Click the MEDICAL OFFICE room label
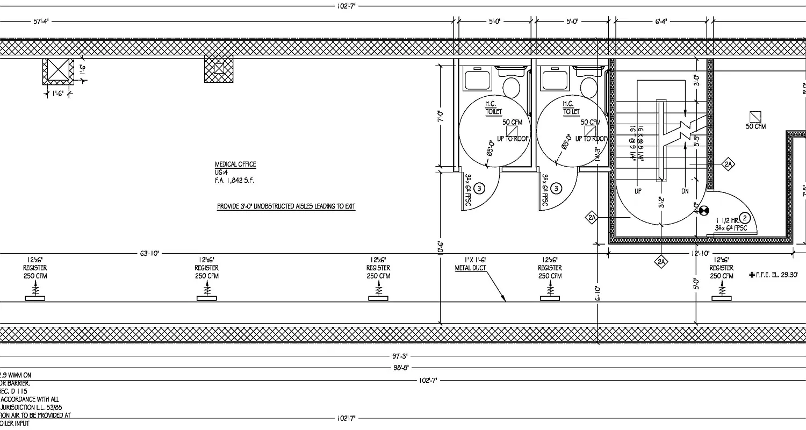coord(235,164)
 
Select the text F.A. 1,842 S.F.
coord(234,181)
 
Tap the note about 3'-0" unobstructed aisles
coord(286,206)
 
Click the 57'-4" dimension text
coord(41,21)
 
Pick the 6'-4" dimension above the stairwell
coord(661,21)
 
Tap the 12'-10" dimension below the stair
coord(701,253)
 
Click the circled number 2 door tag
coord(745,218)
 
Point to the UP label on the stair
coord(638,191)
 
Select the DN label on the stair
coord(684,191)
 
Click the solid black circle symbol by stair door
coord(705,212)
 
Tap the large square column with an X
coord(57,71)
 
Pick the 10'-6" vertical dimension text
coord(440,247)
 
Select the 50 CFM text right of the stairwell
coord(755,127)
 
